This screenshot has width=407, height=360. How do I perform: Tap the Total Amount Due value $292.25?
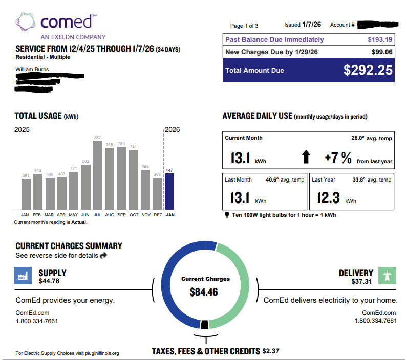point(368,70)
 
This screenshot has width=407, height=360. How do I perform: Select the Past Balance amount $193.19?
point(380,39)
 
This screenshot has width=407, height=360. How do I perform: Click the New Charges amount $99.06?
point(382,52)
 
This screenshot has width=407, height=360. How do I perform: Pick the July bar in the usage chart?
point(97,174)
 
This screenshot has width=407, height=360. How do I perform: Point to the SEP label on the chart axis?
point(121,215)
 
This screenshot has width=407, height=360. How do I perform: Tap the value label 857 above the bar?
point(97,138)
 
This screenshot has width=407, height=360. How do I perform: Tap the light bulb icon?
point(227,215)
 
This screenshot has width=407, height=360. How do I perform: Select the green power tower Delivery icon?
point(388,276)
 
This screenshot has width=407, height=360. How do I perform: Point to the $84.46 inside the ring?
point(204,292)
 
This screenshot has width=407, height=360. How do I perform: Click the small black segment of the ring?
point(204,324)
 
